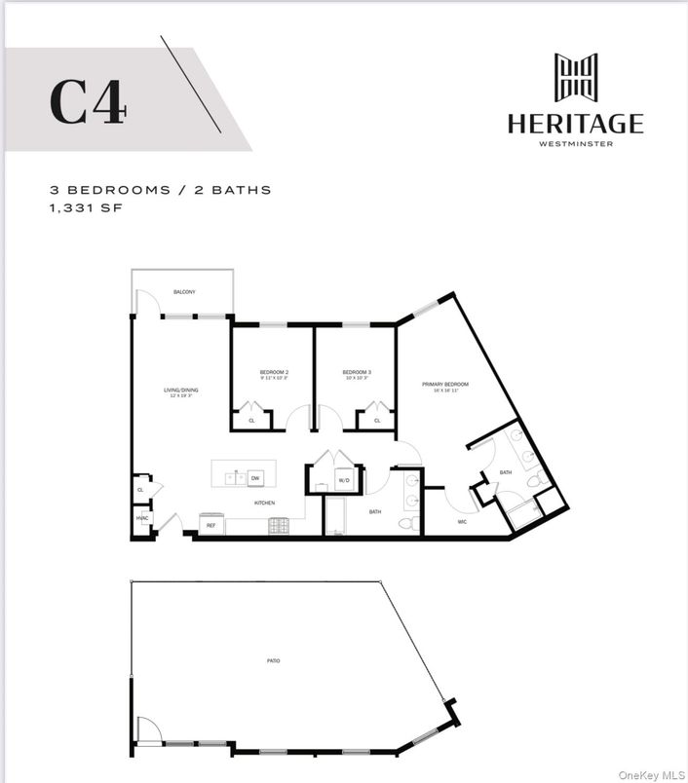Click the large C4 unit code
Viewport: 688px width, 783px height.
click(88, 100)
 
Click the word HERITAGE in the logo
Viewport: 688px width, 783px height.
click(575, 124)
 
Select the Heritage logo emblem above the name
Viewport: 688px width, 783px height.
click(575, 77)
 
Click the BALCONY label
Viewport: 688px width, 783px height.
click(184, 292)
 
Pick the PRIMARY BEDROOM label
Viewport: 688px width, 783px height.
click(445, 385)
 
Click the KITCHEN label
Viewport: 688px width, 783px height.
click(265, 503)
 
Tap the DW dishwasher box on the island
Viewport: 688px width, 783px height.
click(255, 478)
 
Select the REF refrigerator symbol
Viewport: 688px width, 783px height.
click(210, 525)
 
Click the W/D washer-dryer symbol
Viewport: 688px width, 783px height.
click(344, 481)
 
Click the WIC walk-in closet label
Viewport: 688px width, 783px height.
click(464, 522)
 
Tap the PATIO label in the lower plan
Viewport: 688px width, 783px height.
click(274, 661)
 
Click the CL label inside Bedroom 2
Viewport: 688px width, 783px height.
click(251, 421)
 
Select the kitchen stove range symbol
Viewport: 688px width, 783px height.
click(279, 526)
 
